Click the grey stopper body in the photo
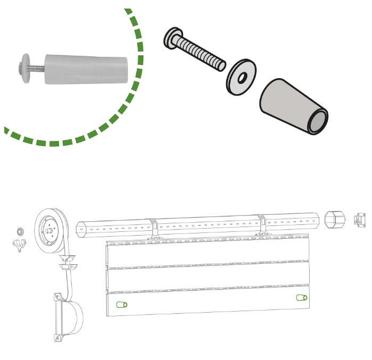click(86, 69)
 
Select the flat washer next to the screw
click(239, 78)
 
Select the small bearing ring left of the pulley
click(20, 231)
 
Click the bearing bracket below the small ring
click(21, 245)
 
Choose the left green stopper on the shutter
click(122, 305)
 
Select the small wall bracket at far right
click(360, 220)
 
